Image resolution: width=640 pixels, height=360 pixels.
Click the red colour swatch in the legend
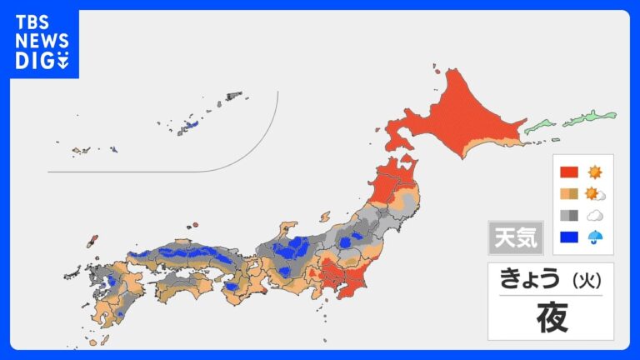point(570,172)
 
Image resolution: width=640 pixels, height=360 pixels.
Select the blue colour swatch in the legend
point(570,237)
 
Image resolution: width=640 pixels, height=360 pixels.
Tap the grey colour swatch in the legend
point(570,215)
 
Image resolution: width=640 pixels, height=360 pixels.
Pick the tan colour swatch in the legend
point(570,194)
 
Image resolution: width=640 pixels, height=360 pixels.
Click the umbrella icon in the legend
point(595,237)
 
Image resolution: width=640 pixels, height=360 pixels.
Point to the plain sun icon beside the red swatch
point(595,172)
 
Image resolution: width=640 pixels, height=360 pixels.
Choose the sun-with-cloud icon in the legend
point(596,194)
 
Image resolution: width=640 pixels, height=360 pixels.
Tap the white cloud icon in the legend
point(595,215)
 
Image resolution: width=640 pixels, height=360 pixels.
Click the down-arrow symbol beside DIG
point(63,61)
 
